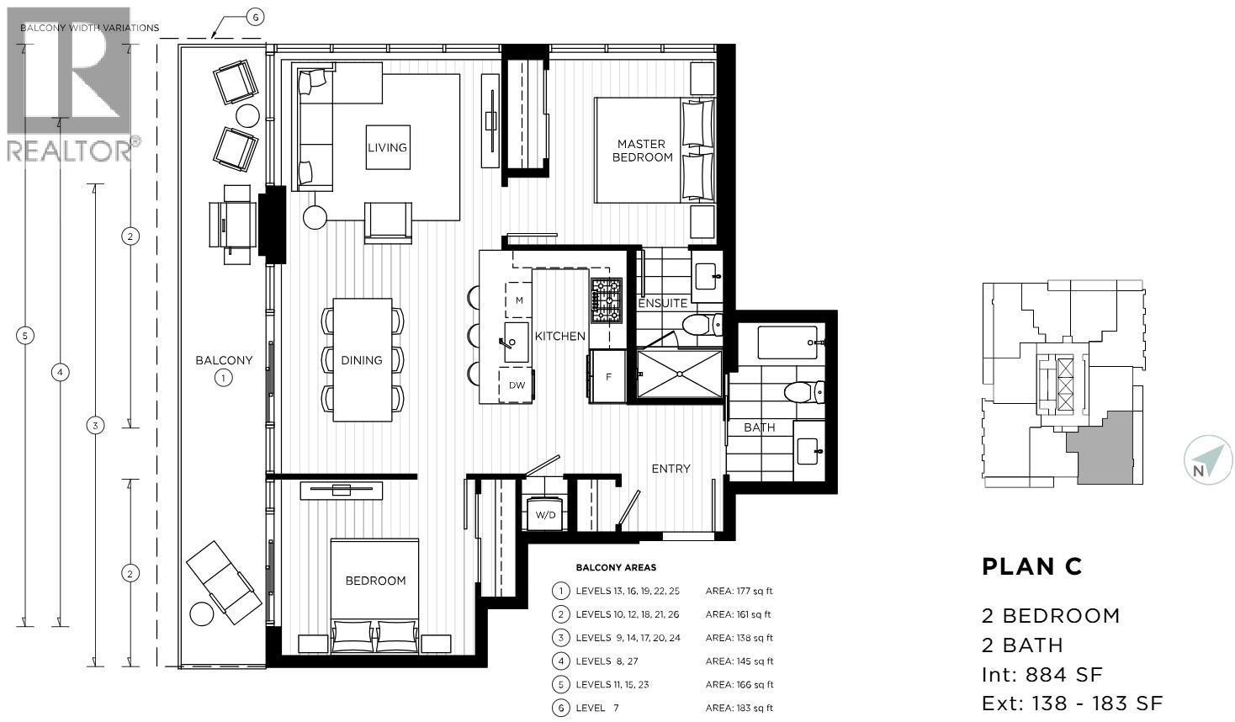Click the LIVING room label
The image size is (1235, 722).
click(x=387, y=147)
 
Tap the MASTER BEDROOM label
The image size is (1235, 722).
click(x=642, y=151)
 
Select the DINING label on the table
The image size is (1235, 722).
click(x=362, y=360)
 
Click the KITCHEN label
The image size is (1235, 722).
click(x=559, y=336)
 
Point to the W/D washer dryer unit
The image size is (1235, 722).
click(x=545, y=514)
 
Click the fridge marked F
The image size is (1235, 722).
click(x=607, y=377)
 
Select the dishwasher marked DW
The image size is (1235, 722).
click(x=517, y=385)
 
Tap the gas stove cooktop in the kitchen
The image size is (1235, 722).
click(x=606, y=300)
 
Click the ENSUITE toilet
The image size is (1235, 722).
click(x=700, y=324)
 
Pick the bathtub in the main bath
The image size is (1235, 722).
click(x=787, y=342)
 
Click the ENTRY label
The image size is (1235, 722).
click(x=671, y=469)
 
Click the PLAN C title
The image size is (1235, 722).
click(x=1031, y=567)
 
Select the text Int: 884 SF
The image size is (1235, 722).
click(x=1042, y=674)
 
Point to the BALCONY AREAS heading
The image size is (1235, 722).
click(x=616, y=568)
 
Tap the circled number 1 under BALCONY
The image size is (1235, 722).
click(x=224, y=378)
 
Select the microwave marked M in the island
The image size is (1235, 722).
click(x=519, y=300)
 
